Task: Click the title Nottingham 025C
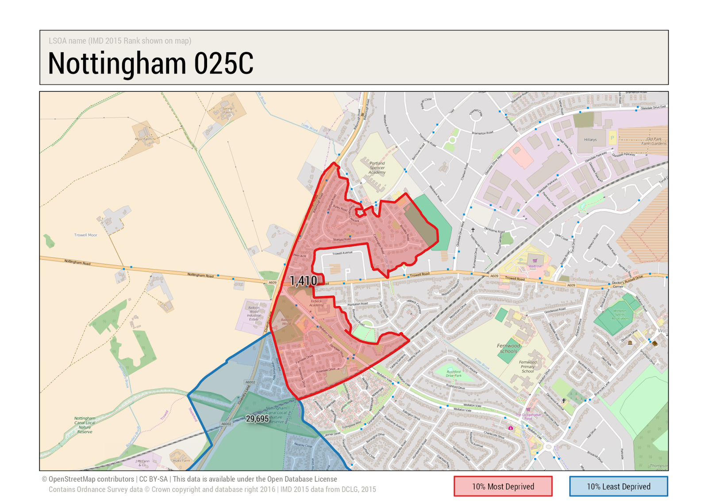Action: pos(150,63)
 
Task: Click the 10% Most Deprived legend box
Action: pos(503,486)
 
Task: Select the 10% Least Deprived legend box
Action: pos(618,486)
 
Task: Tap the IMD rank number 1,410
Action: pos(304,280)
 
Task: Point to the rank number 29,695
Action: pos(257,419)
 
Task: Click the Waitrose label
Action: pos(535,266)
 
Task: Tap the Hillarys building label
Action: pos(590,140)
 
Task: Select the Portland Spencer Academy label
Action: pos(377,167)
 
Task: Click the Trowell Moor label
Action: pos(85,235)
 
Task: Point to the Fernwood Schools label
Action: pos(508,349)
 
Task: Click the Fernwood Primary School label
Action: pos(527,367)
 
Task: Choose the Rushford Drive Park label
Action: pos(454,373)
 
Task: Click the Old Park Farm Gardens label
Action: pos(654,141)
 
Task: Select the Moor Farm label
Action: pos(143,139)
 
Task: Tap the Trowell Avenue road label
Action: pos(342,253)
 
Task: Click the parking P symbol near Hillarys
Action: pos(612,138)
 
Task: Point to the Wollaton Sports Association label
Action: pos(620,315)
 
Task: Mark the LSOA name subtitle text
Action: pos(120,41)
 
